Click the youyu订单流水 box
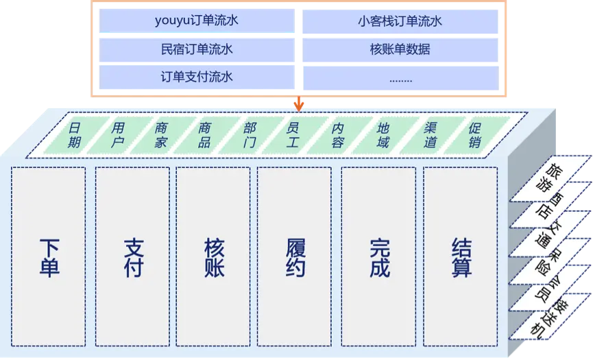point(196,21)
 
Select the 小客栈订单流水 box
point(400,21)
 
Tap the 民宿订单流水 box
point(196,49)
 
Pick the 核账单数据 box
point(400,49)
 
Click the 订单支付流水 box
point(196,76)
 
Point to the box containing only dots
point(400,77)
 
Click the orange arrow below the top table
point(298,104)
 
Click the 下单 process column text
point(49,257)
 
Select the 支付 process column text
point(133,257)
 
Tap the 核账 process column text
point(214,257)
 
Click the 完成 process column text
point(379,257)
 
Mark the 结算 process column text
point(461,257)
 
